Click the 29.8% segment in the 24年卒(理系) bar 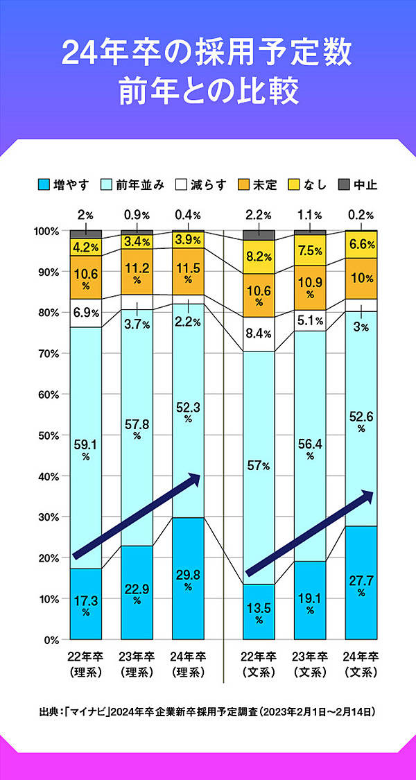(189, 578)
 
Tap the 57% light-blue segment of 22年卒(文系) (258, 465)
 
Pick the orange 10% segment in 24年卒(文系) (361, 279)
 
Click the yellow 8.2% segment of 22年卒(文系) (258, 257)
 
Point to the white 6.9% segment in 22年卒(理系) (86, 313)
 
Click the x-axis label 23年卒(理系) (137, 664)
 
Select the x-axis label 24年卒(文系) (361, 664)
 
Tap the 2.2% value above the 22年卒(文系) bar (258, 215)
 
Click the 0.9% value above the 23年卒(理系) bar (137, 215)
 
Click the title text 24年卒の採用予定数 (208, 53)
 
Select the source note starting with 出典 (208, 711)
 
